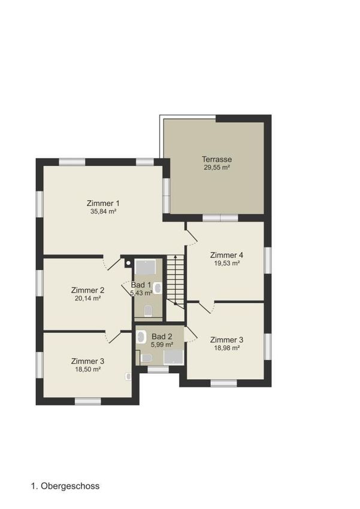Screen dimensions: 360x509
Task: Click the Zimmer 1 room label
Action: tap(103, 203)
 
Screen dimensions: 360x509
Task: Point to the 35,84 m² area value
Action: tap(103, 211)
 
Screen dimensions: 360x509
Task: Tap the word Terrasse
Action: tap(217, 159)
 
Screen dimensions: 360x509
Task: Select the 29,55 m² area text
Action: tap(217, 168)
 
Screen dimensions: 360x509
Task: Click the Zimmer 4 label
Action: tap(226, 255)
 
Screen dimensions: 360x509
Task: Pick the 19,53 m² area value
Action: tap(226, 263)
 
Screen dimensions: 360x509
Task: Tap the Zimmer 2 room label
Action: tap(87, 290)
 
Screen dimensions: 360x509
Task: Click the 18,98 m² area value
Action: tap(226, 348)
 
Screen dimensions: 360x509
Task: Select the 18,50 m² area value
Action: tap(87, 369)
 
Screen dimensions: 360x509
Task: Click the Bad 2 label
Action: tap(162, 337)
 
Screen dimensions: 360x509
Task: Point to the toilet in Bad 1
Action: tap(149, 311)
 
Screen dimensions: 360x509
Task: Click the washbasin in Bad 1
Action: tap(158, 288)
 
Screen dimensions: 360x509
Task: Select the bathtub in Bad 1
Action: tap(146, 267)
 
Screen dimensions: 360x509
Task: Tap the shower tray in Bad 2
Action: tap(174, 357)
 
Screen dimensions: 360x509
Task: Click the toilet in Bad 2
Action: tap(146, 358)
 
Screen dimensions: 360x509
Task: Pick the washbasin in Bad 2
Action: tap(141, 337)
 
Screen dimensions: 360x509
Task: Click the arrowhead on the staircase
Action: tap(176, 257)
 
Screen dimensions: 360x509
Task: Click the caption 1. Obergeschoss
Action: tap(65, 486)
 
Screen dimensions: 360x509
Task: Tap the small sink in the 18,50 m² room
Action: tap(128, 376)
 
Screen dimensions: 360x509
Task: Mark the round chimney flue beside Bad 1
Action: tap(129, 263)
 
